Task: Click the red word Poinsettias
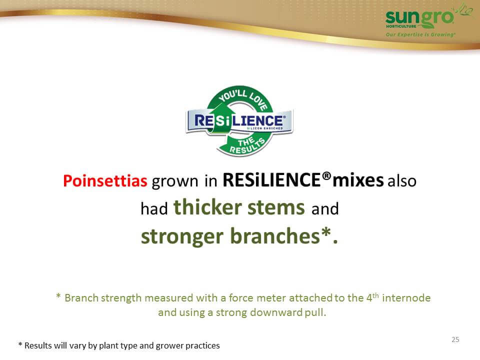tap(105, 180)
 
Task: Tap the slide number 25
tap(455, 339)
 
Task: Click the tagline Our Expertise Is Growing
tap(420, 34)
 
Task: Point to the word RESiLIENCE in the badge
tap(238, 120)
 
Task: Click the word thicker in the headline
tap(207, 207)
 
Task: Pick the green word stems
tap(276, 208)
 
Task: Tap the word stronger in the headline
tap(182, 237)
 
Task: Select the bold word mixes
tap(358, 180)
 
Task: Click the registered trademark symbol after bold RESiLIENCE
tap(327, 176)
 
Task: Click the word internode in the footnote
tap(406, 298)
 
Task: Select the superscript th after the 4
tap(375, 295)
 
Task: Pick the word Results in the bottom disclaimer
tap(38, 345)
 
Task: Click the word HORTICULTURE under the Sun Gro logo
tap(401, 26)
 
